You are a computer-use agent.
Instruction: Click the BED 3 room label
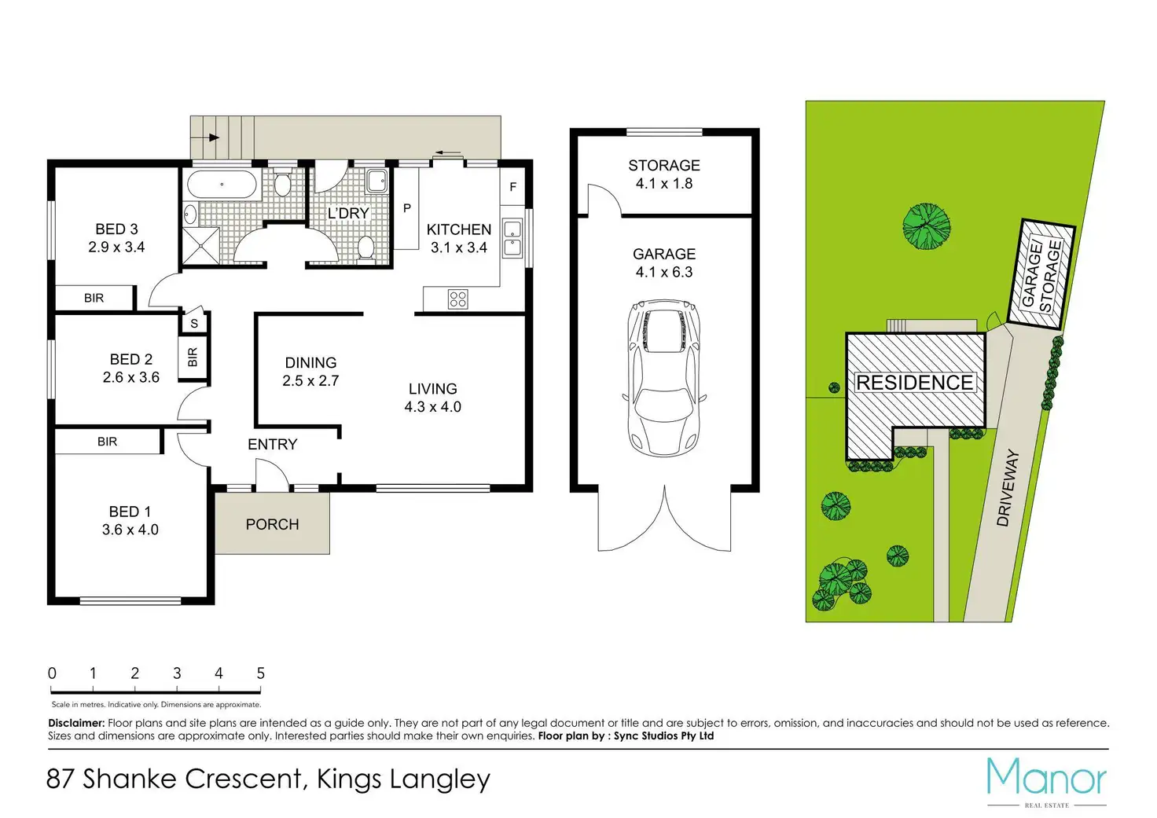coord(116,238)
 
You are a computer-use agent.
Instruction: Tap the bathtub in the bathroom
coord(222,185)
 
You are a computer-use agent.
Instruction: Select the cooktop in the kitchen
coord(458,299)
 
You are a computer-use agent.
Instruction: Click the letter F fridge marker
coord(513,187)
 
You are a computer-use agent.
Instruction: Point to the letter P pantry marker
coord(407,208)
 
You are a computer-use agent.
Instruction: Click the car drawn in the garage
coord(664,378)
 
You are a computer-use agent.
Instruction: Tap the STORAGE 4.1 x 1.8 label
coord(664,174)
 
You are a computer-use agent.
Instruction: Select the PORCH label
coord(272,525)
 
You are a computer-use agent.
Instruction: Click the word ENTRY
coord(272,444)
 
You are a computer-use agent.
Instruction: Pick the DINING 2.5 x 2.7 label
coord(310,372)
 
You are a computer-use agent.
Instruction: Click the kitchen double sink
coord(512,237)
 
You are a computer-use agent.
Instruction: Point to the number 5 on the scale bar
coord(260,673)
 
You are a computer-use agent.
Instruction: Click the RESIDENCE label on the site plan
coord(915,383)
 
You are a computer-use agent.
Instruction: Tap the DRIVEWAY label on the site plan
coord(1008,487)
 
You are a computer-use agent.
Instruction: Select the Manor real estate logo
coord(1046,783)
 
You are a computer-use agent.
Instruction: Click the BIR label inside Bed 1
coord(108,442)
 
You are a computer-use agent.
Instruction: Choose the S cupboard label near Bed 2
coord(194,324)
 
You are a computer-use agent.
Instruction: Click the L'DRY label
coord(349,213)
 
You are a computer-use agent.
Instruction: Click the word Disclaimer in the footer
coord(76,723)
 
